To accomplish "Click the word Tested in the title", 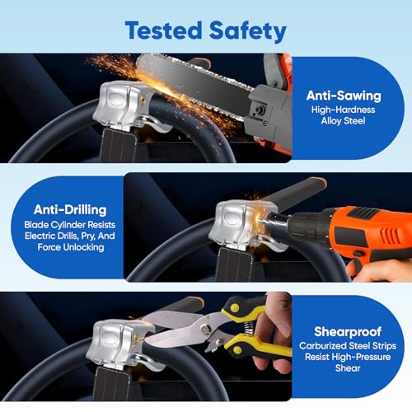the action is (x=164, y=30).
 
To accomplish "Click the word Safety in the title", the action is (x=248, y=31).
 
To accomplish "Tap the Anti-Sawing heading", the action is (x=344, y=96).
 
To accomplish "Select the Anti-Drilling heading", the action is (x=70, y=210).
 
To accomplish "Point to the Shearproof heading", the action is (x=348, y=332).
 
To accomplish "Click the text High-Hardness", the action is (x=343, y=110).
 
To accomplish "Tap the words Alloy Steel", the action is (x=343, y=120).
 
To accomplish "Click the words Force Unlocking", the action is (x=71, y=247).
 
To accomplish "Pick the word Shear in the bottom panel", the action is (x=348, y=368).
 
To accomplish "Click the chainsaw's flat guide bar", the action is (x=192, y=85).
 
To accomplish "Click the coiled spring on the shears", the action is (x=249, y=328).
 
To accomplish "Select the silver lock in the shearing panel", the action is (x=118, y=344).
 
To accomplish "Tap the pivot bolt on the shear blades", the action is (x=204, y=328).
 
